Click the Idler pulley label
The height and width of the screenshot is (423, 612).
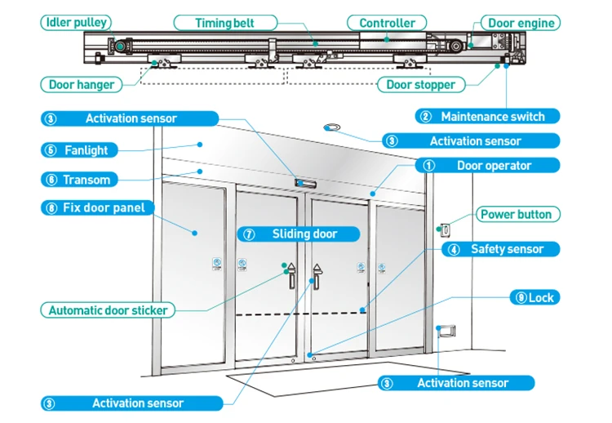pyautogui.click(x=77, y=23)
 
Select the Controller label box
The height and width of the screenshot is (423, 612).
pyautogui.click(x=387, y=23)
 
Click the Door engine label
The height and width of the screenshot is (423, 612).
pyautogui.click(x=520, y=23)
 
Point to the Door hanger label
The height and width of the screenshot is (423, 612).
pyautogui.click(x=82, y=84)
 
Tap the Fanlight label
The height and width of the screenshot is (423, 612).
pyautogui.click(x=86, y=150)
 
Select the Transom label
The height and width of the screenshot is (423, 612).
pyautogui.click(x=86, y=180)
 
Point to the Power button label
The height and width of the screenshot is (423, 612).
pyautogui.click(x=516, y=215)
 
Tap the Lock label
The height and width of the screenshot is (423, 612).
pyautogui.click(x=535, y=297)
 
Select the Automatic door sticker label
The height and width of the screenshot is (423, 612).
pyautogui.click(x=107, y=310)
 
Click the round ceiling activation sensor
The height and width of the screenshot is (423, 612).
pyautogui.click(x=333, y=127)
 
